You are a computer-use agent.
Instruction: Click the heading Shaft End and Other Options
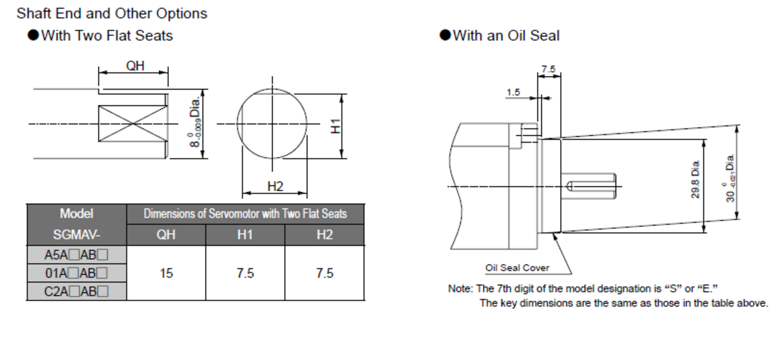point(112,13)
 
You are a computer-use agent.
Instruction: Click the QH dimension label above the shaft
point(135,66)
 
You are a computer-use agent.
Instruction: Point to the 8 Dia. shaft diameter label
point(196,123)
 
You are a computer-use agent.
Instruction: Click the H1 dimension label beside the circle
point(336,125)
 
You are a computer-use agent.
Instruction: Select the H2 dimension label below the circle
point(275,187)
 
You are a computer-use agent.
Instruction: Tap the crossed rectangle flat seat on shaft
point(132,124)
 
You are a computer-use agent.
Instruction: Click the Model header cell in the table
point(76,214)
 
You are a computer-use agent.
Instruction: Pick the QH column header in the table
point(166,234)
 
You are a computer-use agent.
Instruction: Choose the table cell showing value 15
point(166,273)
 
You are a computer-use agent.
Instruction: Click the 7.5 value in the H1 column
point(245,273)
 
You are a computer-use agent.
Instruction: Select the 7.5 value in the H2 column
point(324,273)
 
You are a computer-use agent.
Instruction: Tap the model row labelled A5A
point(76,255)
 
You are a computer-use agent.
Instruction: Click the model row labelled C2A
point(76,292)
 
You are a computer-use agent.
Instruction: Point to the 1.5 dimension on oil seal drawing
point(513,92)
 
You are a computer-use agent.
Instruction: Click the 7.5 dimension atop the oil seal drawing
point(548,69)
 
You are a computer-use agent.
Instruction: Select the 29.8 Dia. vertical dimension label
point(695,180)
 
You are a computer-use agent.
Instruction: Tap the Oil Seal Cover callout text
point(517,268)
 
